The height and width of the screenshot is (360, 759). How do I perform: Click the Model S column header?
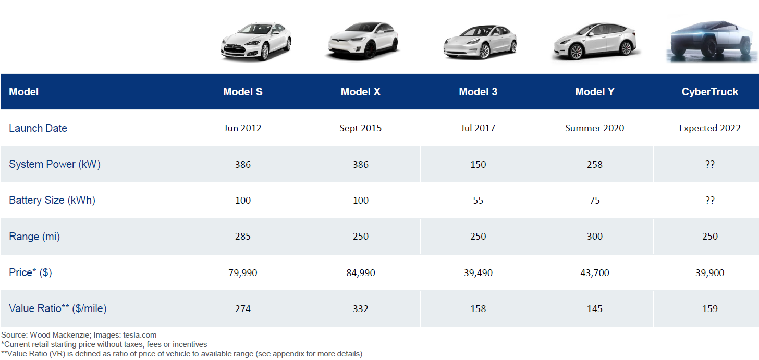point(243,92)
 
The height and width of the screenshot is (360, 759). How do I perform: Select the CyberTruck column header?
point(709,92)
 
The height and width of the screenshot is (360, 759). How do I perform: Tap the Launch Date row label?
point(38,128)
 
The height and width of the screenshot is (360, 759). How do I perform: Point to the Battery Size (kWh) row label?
point(52,200)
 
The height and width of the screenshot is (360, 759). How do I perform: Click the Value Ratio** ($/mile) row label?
point(58,308)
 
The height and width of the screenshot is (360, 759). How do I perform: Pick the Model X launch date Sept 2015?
point(360,128)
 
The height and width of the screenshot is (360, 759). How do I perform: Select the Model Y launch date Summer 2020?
point(594,128)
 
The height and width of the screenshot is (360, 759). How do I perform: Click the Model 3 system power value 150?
point(478,165)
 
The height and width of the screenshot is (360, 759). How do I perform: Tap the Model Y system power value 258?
point(594,165)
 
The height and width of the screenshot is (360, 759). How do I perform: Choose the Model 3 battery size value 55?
point(478,201)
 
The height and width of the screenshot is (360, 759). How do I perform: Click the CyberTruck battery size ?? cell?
point(709,201)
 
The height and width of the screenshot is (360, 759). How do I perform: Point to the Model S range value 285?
point(243,237)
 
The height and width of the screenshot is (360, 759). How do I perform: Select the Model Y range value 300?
point(594,237)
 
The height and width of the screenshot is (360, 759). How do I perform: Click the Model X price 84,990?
point(360,272)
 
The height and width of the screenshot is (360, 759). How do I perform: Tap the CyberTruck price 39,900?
point(709,272)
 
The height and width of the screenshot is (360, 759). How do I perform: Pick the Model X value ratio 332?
point(360,309)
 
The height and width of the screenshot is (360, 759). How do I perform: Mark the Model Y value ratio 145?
point(594,309)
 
